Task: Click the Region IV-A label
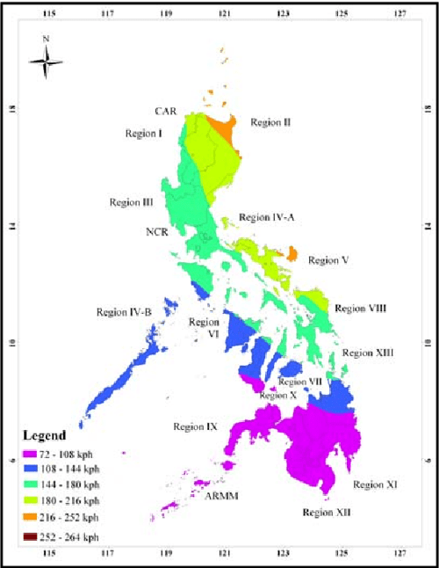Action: pyautogui.click(x=266, y=216)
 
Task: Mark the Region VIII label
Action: pyautogui.click(x=361, y=308)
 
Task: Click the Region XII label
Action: pyautogui.click(x=327, y=511)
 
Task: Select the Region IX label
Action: pyautogui.click(x=195, y=426)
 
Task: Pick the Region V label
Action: pyautogui.click(x=329, y=260)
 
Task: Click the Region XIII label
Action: pyautogui.click(x=367, y=353)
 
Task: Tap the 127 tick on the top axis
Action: pyautogui.click(x=400, y=13)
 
